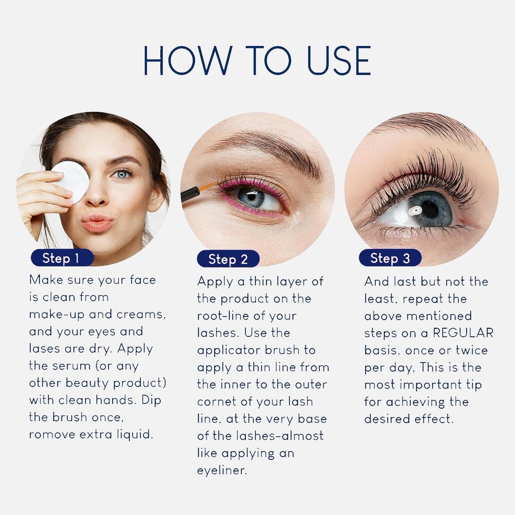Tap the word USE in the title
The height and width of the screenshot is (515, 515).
coord(339,60)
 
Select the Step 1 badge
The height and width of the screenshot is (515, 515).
coord(62,258)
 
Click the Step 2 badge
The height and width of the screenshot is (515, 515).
coord(228,259)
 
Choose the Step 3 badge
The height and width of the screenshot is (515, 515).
coord(390,258)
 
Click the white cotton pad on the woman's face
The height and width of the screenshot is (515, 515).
coord(71,182)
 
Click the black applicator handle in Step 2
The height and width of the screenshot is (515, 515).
coord(190,195)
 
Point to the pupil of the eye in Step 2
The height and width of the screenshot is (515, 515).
coord(252,197)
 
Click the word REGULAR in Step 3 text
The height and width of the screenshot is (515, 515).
coord(463,333)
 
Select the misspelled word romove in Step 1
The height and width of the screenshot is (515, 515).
coord(52,434)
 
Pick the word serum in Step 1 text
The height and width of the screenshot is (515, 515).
coord(75,366)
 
